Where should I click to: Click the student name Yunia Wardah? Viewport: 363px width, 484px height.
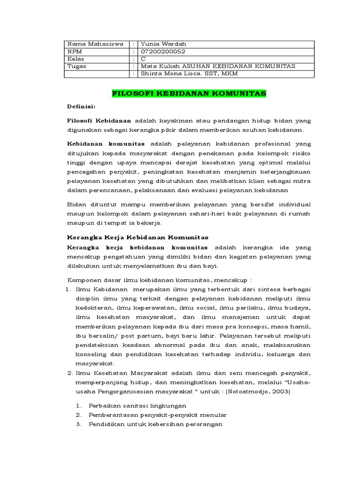(160, 44)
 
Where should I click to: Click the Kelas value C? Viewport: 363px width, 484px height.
(143, 59)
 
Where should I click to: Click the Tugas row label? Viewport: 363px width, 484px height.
(78, 66)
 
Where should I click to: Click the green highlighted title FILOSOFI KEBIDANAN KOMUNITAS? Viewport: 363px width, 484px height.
(189, 94)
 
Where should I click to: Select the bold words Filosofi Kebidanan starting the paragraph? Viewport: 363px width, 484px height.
(99, 121)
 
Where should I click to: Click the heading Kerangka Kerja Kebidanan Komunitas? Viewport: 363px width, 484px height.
(138, 237)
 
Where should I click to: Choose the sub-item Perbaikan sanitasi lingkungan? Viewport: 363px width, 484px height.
(137, 406)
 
